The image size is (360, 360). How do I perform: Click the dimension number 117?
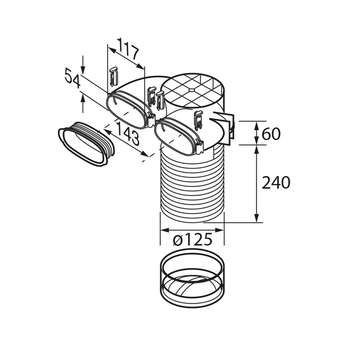(x=129, y=49)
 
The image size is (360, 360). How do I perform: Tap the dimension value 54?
(x=72, y=78)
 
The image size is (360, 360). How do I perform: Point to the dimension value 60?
(x=271, y=134)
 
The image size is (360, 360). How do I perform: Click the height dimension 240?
(x=276, y=183)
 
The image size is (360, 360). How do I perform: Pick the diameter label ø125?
(x=193, y=239)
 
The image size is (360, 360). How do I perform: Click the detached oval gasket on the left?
(x=86, y=144)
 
